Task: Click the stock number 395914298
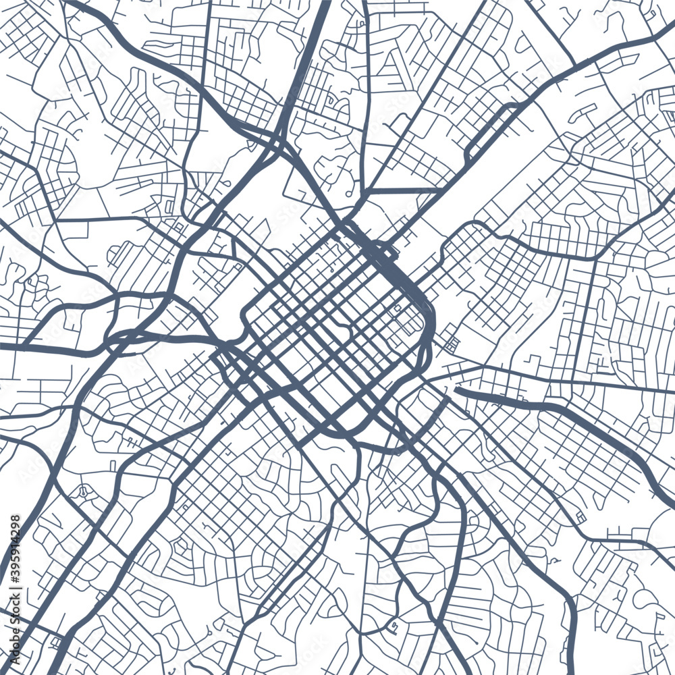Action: pyautogui.click(x=15, y=545)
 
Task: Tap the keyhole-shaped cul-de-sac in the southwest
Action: pyautogui.click(x=84, y=491)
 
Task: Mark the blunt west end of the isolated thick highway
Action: pyautogui.click(x=457, y=389)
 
